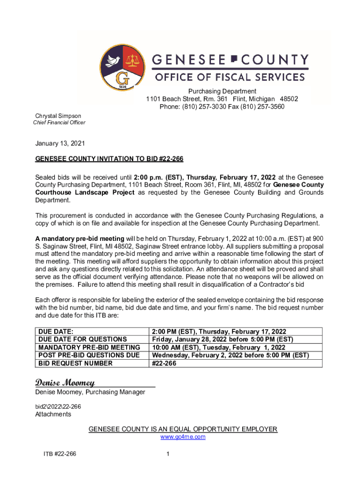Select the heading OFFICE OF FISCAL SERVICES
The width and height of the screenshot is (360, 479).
[x=230, y=77]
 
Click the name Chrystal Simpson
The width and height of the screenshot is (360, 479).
[x=58, y=116]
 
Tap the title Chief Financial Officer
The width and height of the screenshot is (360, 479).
[x=59, y=123]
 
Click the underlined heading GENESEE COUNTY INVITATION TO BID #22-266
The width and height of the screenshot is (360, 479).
[x=109, y=159]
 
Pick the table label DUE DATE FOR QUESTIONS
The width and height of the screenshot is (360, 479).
[x=83, y=339]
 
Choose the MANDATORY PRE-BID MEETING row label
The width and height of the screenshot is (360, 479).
[x=89, y=347]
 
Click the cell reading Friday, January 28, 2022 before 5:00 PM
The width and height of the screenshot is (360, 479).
[x=223, y=339]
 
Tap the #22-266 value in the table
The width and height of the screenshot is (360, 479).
[x=164, y=363]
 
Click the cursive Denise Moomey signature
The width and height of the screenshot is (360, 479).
[x=65, y=383]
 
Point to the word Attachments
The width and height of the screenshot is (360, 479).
[x=53, y=414]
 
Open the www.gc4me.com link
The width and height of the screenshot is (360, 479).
[x=183, y=437]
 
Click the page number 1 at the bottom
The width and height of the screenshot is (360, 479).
[x=167, y=454]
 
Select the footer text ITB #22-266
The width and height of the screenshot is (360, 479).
[x=58, y=454]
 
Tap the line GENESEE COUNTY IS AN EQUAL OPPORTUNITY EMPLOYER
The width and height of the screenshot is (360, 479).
[x=183, y=429]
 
